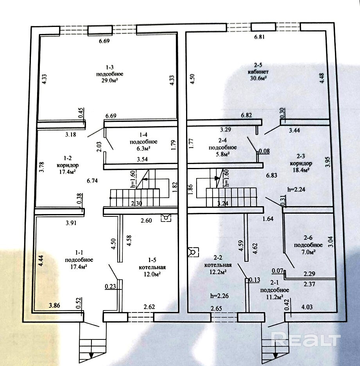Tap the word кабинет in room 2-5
click(258, 71)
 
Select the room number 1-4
click(143, 135)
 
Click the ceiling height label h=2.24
click(296, 189)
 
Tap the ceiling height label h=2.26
click(219, 296)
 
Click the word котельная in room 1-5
click(152, 267)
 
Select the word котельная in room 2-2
click(218, 265)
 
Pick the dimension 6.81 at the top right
click(259, 37)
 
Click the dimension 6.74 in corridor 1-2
click(92, 181)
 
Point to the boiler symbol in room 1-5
click(166, 218)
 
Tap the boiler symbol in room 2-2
click(193, 252)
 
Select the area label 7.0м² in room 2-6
click(308, 252)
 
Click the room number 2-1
click(274, 283)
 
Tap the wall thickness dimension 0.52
click(78, 303)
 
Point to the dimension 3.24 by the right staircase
click(223, 204)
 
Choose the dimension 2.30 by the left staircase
click(136, 203)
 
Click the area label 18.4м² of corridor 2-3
click(301, 170)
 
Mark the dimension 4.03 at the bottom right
click(307, 307)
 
